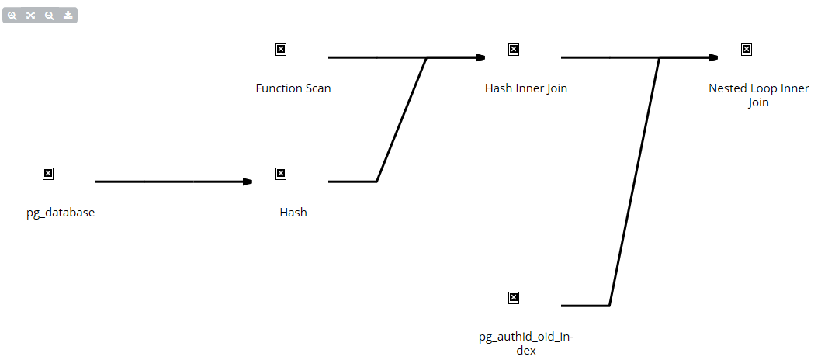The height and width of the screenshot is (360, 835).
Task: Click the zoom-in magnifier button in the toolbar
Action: (12, 16)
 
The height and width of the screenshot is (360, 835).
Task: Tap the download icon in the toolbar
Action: (68, 15)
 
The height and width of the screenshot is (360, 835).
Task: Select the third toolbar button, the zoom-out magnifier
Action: (49, 16)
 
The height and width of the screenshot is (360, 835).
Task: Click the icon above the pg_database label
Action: (48, 173)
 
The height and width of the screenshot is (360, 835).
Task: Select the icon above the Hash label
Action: (281, 173)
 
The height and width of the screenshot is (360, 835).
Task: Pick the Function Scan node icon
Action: (281, 49)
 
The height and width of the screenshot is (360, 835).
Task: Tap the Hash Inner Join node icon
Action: (514, 49)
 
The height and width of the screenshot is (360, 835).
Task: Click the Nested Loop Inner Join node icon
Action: (747, 49)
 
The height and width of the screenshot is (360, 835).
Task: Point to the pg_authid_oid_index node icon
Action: (514, 298)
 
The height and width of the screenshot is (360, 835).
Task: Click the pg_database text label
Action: (61, 213)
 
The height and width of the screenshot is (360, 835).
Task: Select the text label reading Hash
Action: (293, 213)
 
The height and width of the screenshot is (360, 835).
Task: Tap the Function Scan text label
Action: (293, 88)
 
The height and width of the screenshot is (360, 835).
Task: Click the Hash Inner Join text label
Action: (526, 88)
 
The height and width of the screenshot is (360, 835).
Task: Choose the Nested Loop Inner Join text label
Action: (759, 95)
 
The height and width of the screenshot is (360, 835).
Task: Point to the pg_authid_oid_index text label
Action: (526, 343)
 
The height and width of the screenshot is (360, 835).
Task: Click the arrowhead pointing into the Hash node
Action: (248, 182)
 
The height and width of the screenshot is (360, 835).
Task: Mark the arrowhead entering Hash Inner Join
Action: (480, 57)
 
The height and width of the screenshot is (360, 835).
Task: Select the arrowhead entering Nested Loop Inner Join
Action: (713, 57)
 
